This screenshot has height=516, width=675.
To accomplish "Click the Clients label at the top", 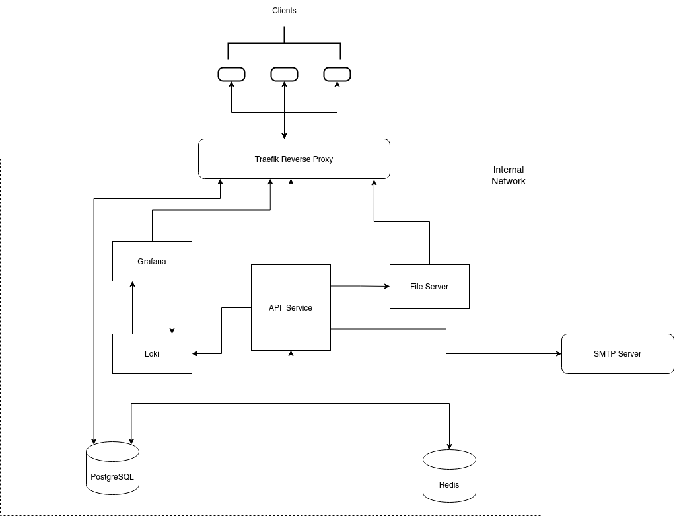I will (284, 11).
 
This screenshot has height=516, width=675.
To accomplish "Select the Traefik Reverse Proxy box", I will (294, 159).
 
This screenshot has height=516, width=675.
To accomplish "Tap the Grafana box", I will (152, 261).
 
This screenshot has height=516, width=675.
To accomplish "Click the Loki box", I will (152, 353).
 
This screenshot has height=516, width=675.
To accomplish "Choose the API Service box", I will (291, 307).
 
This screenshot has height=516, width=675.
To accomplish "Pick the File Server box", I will (429, 286).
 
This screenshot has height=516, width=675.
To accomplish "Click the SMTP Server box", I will (618, 353).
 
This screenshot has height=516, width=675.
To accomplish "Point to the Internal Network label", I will (508, 175).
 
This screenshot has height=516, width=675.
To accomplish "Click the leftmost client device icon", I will (231, 75).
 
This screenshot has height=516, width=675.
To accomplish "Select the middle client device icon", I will (284, 75).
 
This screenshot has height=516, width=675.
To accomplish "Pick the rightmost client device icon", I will (337, 75).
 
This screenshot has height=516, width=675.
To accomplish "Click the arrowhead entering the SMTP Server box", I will (557, 353).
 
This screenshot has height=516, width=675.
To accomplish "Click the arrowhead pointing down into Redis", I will (450, 446).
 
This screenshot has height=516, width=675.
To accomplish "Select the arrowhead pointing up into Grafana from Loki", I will (133, 285).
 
